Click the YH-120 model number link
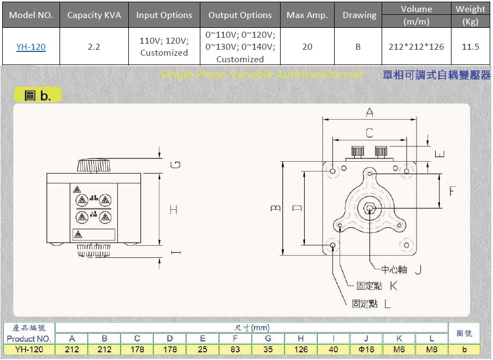(x=31, y=47)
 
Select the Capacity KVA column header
(x=94, y=15)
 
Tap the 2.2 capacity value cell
(x=94, y=47)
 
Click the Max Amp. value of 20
(x=307, y=47)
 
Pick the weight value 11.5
(x=470, y=47)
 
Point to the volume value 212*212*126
(x=416, y=47)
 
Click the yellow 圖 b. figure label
(x=38, y=96)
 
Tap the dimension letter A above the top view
(x=370, y=113)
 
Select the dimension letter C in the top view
(x=369, y=133)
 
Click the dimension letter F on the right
(x=452, y=191)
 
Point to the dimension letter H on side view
(x=174, y=209)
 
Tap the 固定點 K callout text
(x=377, y=286)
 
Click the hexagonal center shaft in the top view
(x=370, y=208)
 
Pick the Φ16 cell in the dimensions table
(x=366, y=350)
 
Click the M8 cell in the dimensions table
(x=431, y=350)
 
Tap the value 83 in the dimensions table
(x=235, y=350)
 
